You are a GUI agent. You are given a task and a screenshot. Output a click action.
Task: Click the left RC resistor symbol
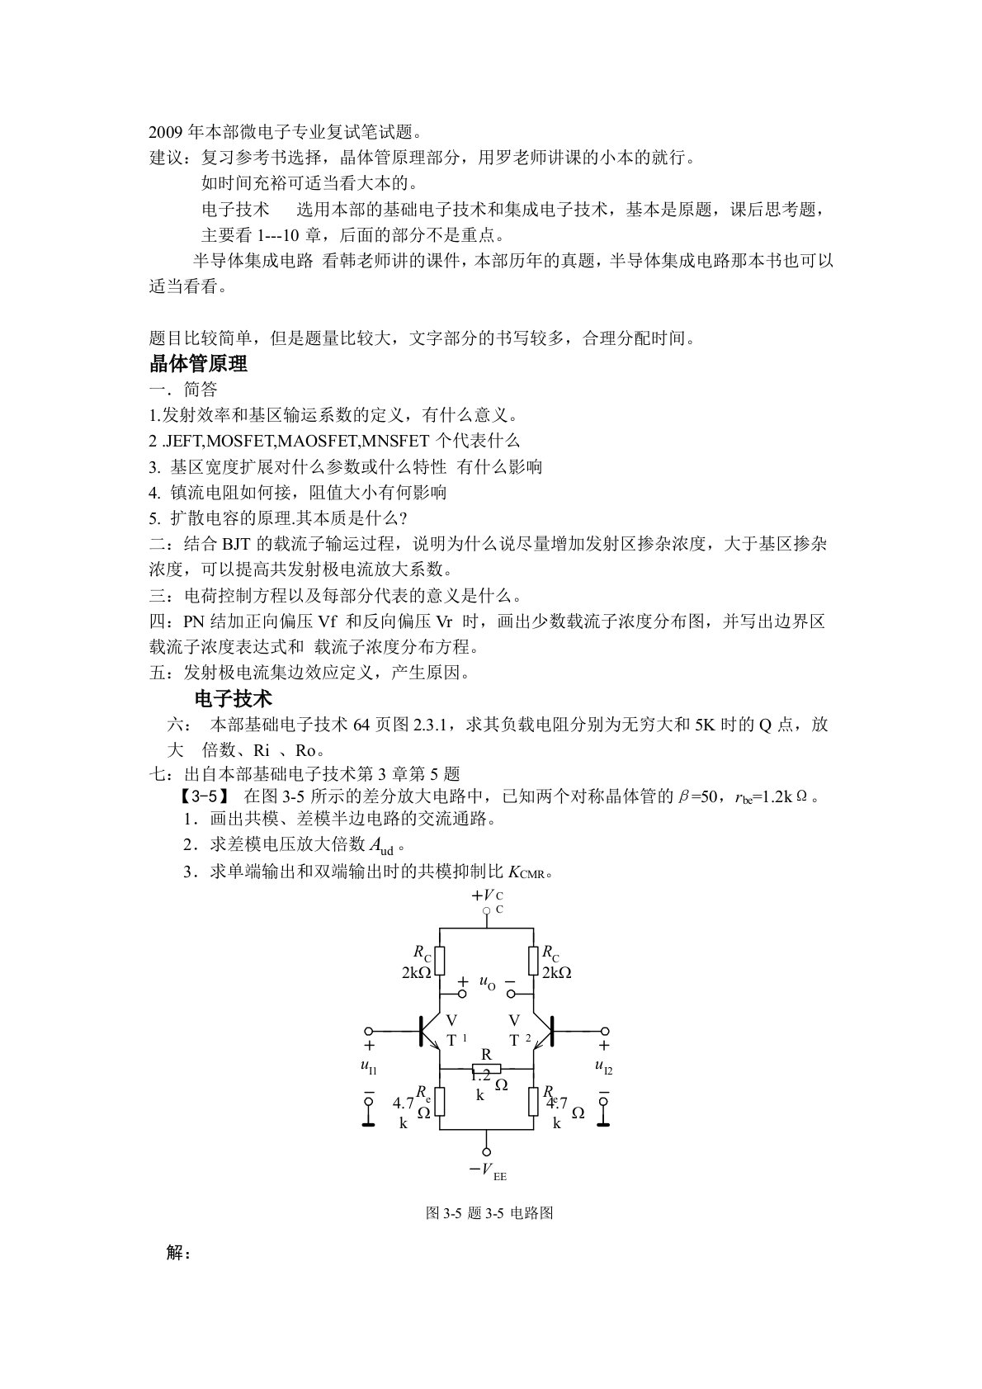tap(440, 960)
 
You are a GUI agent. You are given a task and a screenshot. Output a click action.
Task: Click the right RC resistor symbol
tap(533, 960)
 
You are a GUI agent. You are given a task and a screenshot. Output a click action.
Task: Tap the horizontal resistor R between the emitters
tap(487, 1068)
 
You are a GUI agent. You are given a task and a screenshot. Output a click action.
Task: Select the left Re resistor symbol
tap(440, 1100)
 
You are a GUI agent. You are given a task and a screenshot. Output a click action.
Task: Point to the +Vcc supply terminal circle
tap(487, 912)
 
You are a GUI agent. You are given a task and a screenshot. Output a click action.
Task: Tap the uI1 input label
tap(368, 1066)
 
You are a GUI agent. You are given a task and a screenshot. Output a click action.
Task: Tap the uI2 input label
tap(603, 1066)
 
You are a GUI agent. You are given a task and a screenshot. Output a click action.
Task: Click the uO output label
tap(487, 982)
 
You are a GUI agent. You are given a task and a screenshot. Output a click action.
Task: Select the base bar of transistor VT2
tap(551, 1031)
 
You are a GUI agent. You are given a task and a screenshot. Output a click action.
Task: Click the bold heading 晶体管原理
tap(198, 364)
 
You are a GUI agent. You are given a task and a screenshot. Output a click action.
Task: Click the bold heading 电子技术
tap(233, 699)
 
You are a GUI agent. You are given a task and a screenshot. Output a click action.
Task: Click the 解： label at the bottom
tap(178, 1253)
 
